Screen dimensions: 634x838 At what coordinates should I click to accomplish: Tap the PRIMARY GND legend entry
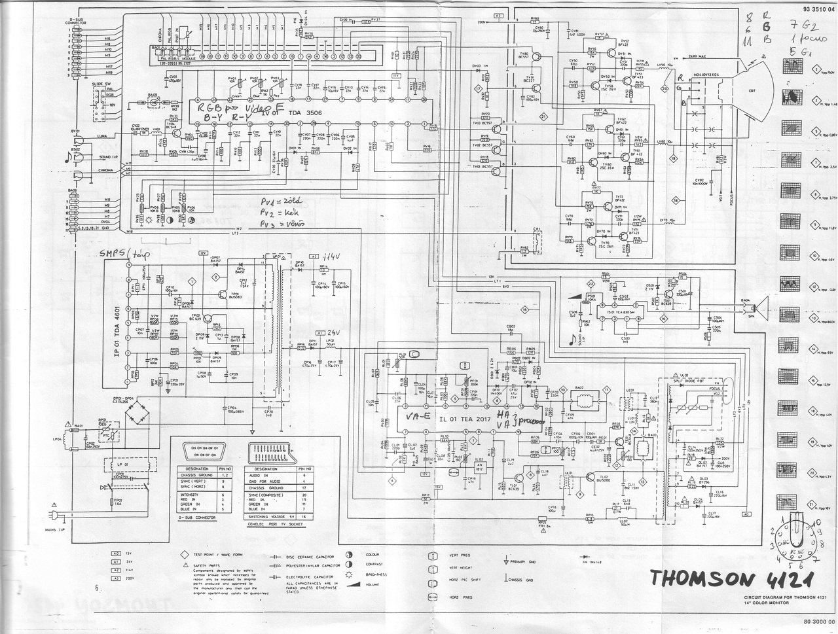tap(526, 562)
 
